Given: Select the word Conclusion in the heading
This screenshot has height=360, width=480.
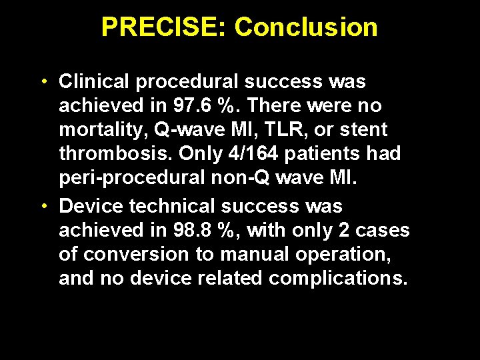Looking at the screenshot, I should [x=306, y=27].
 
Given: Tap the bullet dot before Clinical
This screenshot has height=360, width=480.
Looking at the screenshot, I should [x=42, y=82].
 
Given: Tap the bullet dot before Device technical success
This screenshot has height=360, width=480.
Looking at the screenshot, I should [x=42, y=206].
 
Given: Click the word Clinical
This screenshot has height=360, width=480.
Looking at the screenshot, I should [x=95, y=82].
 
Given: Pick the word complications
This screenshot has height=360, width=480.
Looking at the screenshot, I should [x=337, y=278].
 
